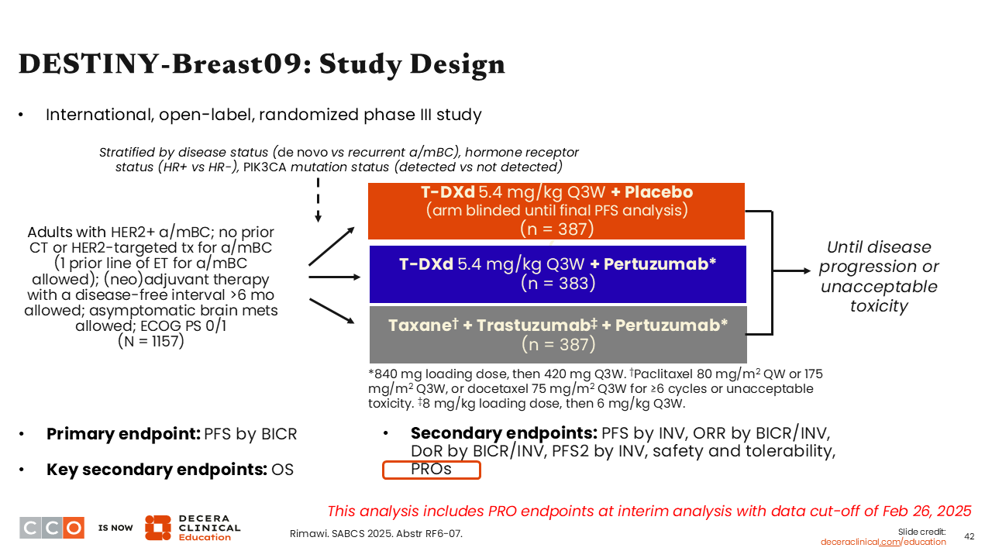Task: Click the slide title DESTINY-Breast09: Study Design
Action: pos(261,64)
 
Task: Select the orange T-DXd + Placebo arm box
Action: pos(556,211)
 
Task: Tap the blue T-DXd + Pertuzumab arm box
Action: pos(557,274)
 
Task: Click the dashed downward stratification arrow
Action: pos(318,201)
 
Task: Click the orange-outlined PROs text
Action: pos(432,470)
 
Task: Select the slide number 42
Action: pos(969,536)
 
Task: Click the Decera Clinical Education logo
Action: pos(192,528)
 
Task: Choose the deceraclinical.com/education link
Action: pos(883,542)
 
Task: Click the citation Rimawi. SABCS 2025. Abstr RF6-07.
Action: pos(376,533)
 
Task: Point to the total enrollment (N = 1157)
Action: pos(150,341)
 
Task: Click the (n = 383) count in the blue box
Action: pos(557,284)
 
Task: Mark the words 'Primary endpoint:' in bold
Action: pos(123,434)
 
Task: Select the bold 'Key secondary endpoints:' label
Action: pos(157,470)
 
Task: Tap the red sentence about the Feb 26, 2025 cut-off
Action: pos(649,511)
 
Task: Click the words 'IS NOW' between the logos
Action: pos(115,528)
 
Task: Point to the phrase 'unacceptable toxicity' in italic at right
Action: pos(878,296)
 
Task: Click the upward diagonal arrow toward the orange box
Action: pos(332,246)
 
